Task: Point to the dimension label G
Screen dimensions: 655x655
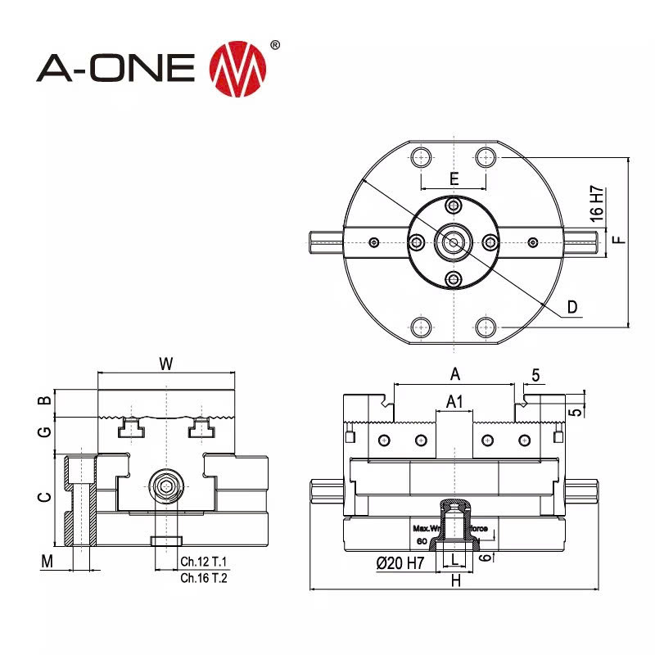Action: pos(46,431)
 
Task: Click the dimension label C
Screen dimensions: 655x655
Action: pos(46,497)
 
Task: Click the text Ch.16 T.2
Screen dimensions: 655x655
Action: pos(204,577)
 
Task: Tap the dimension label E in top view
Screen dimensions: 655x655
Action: pos(454,178)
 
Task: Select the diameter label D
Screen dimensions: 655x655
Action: pos(573,307)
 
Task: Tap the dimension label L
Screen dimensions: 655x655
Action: pos(454,560)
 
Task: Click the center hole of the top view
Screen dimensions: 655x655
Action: pos(453,242)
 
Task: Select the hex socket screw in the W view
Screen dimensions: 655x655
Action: pos(167,488)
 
